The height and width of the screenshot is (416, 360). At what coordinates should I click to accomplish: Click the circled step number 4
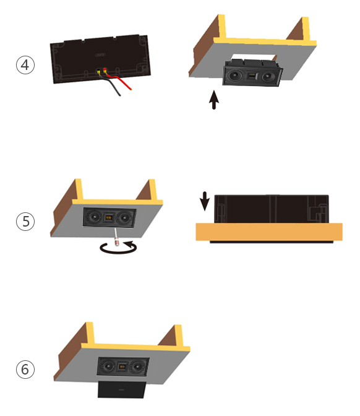(25, 65)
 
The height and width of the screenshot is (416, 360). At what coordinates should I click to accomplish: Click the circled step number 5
(25, 221)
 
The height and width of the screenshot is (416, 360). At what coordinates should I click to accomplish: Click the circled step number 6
(25, 370)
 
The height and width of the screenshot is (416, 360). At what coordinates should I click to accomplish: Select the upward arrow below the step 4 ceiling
(214, 100)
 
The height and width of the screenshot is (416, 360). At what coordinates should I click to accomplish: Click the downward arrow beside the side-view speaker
(205, 201)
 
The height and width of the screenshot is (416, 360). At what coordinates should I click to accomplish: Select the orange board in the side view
(269, 232)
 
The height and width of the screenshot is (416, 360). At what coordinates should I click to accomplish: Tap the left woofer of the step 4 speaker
(234, 76)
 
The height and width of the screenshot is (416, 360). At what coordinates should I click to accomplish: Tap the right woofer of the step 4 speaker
(268, 77)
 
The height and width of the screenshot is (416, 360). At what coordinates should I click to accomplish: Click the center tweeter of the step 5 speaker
(108, 217)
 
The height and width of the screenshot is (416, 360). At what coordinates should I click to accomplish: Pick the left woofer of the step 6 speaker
(108, 366)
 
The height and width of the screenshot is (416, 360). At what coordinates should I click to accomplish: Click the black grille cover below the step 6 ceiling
(121, 389)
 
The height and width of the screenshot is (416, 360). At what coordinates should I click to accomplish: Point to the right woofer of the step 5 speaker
(123, 219)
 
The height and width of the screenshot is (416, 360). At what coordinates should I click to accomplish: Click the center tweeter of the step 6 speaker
(122, 366)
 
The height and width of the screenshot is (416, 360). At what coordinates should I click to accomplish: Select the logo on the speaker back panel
(100, 55)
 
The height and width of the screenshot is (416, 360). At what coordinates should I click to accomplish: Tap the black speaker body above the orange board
(272, 209)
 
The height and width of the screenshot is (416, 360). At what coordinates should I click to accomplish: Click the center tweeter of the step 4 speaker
(252, 76)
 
